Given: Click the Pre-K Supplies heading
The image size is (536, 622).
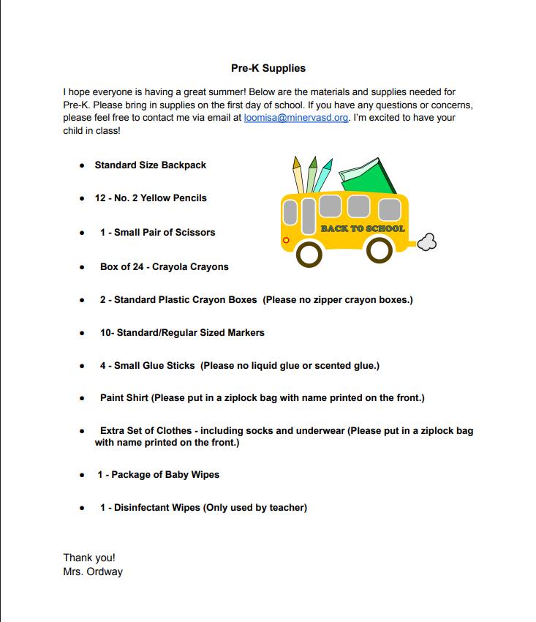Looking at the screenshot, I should tap(268, 68).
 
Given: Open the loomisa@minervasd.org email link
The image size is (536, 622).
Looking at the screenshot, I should tap(295, 118).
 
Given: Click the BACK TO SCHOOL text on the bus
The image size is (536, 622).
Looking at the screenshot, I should tap(363, 229).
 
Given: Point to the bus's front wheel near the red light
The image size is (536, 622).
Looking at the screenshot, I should tap(311, 253).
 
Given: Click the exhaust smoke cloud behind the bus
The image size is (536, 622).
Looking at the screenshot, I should tap(426, 241).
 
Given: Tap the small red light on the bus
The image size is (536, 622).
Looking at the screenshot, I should tap(286, 240).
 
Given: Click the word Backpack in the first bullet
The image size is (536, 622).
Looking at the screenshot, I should tap(184, 165).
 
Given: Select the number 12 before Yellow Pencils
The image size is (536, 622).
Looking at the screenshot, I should tap(100, 198).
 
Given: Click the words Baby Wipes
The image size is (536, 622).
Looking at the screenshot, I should tap(192, 475).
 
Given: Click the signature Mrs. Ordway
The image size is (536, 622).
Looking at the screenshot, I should tap(93, 572).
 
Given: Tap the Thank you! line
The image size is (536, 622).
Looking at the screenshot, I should tap(89, 558).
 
